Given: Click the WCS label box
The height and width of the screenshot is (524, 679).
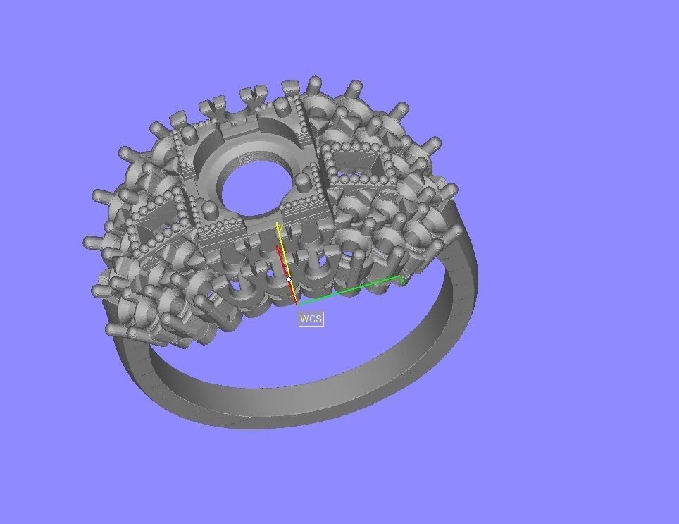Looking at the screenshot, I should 311,319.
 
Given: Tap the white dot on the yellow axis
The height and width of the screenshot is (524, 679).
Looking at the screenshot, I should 289,279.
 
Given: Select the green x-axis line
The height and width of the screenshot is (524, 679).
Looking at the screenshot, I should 352,289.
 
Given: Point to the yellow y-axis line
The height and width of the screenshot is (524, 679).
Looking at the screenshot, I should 283,254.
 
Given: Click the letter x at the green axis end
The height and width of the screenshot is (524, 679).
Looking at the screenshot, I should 402,280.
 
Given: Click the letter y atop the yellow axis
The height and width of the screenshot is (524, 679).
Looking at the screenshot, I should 279,226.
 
